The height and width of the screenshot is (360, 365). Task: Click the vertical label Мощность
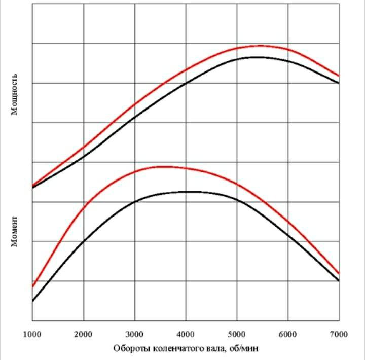click(x=15, y=93)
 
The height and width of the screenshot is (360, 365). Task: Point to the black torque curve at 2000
click(x=84, y=240)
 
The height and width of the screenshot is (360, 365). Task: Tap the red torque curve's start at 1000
click(x=32, y=287)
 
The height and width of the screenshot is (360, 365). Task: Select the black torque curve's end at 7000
click(x=339, y=280)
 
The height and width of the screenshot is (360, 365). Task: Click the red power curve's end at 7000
click(x=339, y=76)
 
